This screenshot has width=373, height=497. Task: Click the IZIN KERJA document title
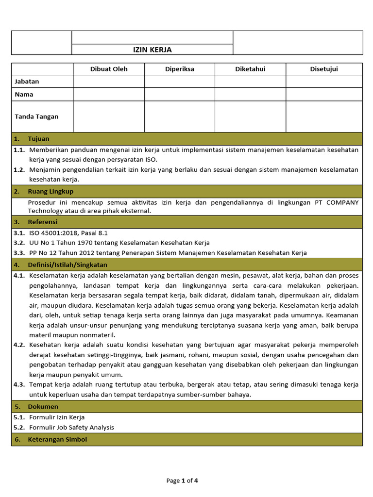pyautogui.click(x=153, y=50)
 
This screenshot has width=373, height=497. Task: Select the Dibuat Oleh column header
pyautogui.click(x=109, y=69)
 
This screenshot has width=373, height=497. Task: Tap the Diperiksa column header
pyautogui.click(x=179, y=69)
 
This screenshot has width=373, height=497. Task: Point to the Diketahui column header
pyautogui.click(x=250, y=69)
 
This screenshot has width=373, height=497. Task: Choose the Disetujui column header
pyautogui.click(x=324, y=69)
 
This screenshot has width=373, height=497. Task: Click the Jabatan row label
pyautogui.click(x=27, y=82)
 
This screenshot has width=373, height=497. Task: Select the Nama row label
pyautogui.click(x=24, y=94)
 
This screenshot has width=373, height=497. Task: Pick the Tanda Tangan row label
pyautogui.click(x=37, y=116)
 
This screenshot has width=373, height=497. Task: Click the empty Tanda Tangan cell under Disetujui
pyautogui.click(x=324, y=116)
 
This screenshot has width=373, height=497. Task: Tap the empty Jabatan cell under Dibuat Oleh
pyautogui.click(x=109, y=82)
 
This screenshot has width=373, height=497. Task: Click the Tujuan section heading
pyautogui.click(x=38, y=139)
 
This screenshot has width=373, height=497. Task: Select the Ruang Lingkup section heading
pyautogui.click(x=51, y=191)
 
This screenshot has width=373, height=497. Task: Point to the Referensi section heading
pyautogui.click(x=43, y=222)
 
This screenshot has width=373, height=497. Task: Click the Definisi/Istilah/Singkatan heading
pyautogui.click(x=68, y=265)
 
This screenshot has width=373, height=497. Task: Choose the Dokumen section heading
pyautogui.click(x=43, y=406)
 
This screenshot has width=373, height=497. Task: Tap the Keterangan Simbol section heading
pyautogui.click(x=57, y=439)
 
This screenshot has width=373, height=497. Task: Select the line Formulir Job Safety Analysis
pyautogui.click(x=71, y=428)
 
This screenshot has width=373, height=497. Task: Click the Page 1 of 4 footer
pyautogui.click(x=182, y=481)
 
